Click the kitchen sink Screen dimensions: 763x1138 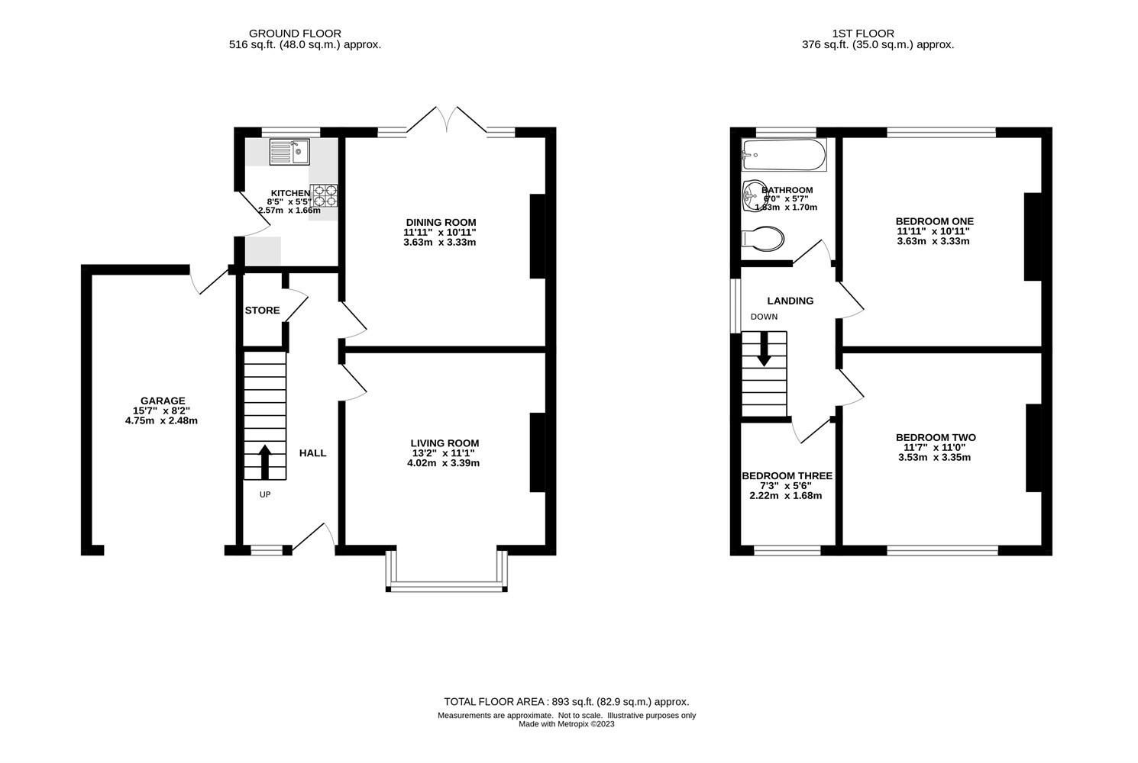pyautogui.click(x=289, y=152)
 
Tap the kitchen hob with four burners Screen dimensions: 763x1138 pyautogui.click(x=324, y=196)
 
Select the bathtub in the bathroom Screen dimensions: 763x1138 pyautogui.click(x=784, y=155)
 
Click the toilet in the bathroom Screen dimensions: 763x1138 pyautogui.click(x=762, y=238)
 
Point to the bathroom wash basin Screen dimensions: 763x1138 pyautogui.click(x=753, y=196)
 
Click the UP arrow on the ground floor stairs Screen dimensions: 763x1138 pyautogui.click(x=264, y=461)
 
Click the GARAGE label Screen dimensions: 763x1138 pyautogui.click(x=162, y=401)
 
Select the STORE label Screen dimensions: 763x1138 pyautogui.click(x=262, y=311)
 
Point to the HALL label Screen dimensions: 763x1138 pyautogui.click(x=312, y=453)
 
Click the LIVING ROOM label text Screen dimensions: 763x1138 pyautogui.click(x=445, y=443)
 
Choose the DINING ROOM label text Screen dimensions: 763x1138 pyautogui.click(x=441, y=223)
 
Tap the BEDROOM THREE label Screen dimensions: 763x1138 pyautogui.click(x=787, y=476)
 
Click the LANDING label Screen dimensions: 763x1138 pyautogui.click(x=790, y=301)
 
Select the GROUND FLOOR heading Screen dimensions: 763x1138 pyautogui.click(x=295, y=34)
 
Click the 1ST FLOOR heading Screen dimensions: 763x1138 pyautogui.click(x=863, y=34)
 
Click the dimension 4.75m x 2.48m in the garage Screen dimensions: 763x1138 pyautogui.click(x=162, y=420)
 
